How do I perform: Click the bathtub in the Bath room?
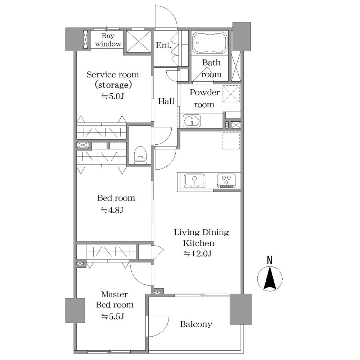point(210,43)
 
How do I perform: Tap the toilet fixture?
point(140,155)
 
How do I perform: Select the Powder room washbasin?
point(192,121)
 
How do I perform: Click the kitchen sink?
point(194,181)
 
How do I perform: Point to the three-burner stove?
point(226,181)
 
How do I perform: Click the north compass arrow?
point(270,278)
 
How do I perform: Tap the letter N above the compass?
point(270,260)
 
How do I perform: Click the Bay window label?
point(108,40)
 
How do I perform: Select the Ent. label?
point(164,45)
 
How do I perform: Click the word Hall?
point(166,101)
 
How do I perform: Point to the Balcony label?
point(196,324)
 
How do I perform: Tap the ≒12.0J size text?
point(197,253)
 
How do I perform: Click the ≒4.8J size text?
point(112,210)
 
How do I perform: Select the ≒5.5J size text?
point(113,316)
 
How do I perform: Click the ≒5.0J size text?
point(113,96)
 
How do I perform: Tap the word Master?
point(114,294)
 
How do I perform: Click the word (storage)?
point(113,85)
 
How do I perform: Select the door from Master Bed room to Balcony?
point(158,326)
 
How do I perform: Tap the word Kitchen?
point(199,243)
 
